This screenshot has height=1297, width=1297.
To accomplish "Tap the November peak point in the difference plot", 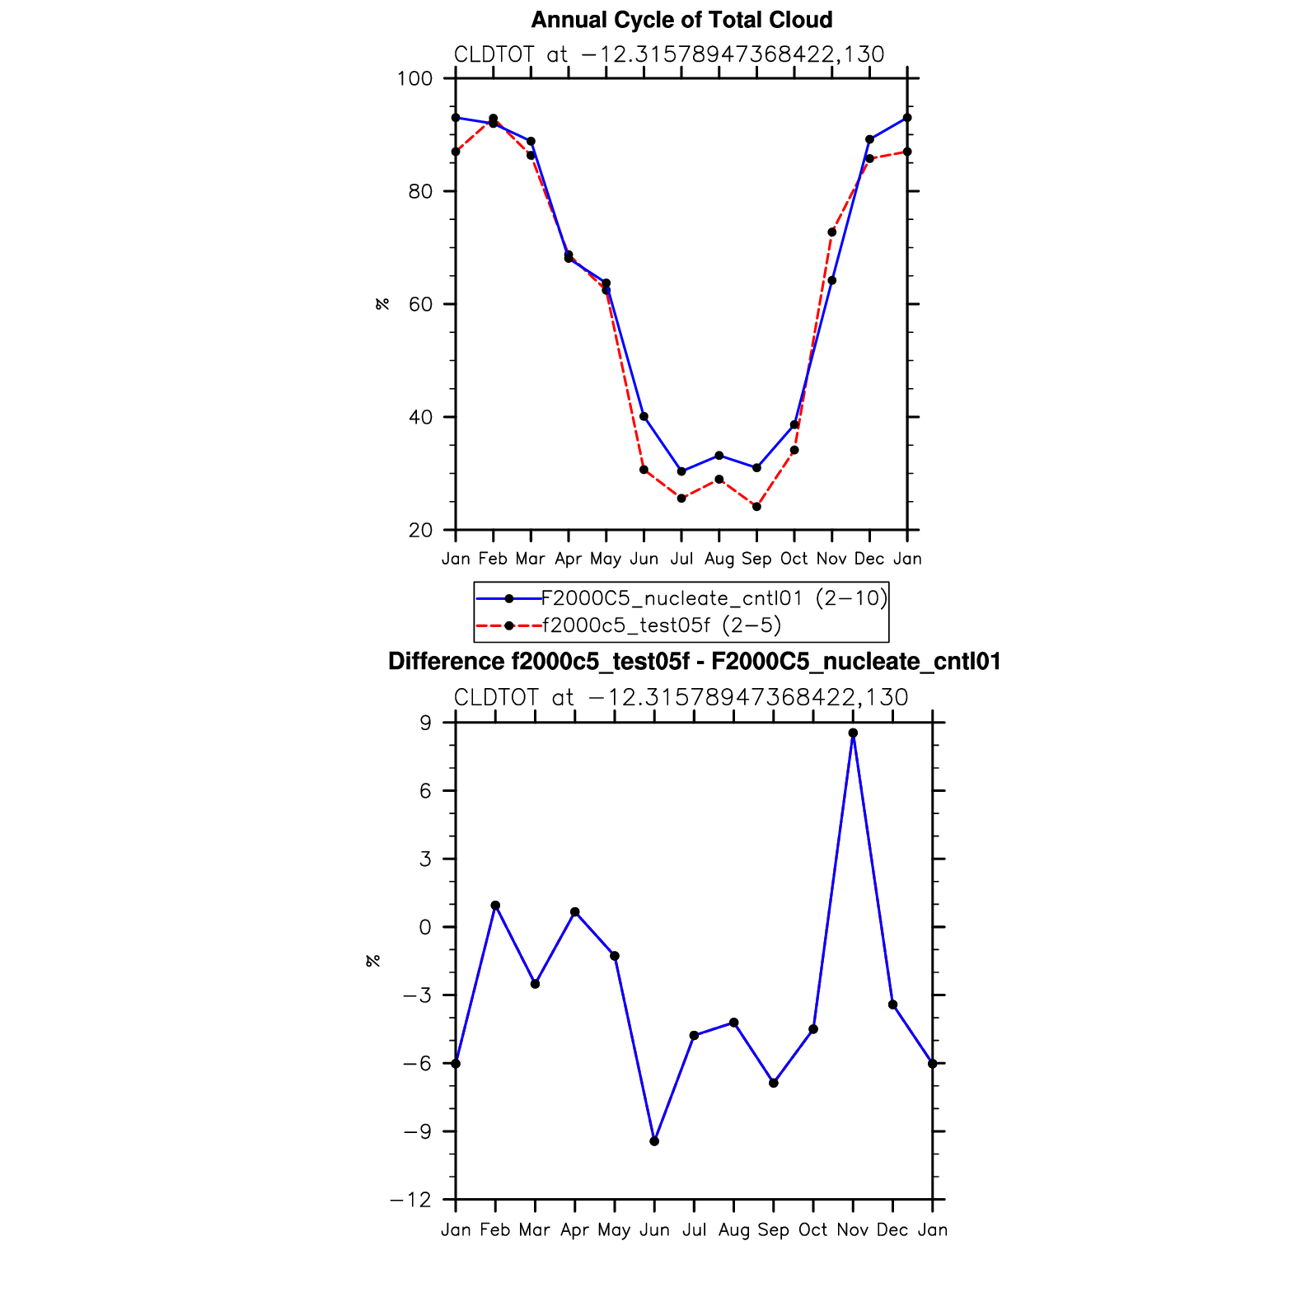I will [853, 733].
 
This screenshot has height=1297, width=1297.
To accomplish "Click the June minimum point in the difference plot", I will [654, 1141].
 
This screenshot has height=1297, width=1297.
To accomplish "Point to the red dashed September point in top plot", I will [756, 507].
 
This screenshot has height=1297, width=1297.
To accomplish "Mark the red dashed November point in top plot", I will [831, 232].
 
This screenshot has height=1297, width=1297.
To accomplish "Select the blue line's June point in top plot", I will [644, 417].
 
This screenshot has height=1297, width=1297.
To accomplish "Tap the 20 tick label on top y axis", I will [419, 531].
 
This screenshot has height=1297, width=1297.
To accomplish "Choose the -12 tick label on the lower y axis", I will [411, 1201].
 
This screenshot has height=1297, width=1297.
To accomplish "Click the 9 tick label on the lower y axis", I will [425, 723].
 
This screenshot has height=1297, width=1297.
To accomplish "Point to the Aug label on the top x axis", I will [719, 560].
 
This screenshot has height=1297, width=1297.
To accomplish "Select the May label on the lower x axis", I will [614, 1230].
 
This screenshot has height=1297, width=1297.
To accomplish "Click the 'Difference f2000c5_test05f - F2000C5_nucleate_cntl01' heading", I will [694, 662].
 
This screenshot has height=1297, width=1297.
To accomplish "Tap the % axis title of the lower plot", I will [373, 961].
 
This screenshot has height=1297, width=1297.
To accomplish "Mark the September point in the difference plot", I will [774, 1083].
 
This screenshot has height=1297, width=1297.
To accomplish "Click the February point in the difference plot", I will [495, 906].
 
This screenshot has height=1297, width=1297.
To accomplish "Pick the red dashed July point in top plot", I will [681, 499].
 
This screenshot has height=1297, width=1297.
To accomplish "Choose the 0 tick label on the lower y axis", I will [425, 928].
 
